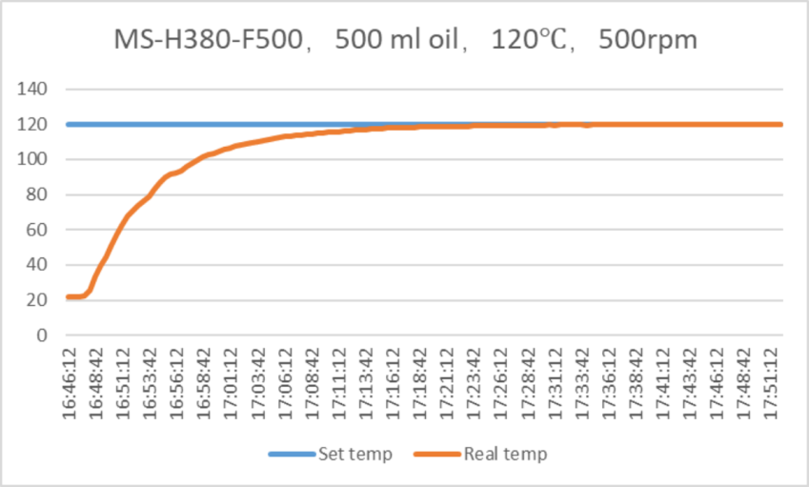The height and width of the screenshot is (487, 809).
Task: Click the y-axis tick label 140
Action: [36, 90]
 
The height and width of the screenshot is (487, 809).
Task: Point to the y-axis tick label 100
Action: [36, 159]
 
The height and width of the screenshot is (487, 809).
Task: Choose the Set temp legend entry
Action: [354, 454]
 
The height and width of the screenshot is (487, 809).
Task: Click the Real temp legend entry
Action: [505, 454]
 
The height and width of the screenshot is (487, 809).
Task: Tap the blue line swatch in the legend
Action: [292, 454]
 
